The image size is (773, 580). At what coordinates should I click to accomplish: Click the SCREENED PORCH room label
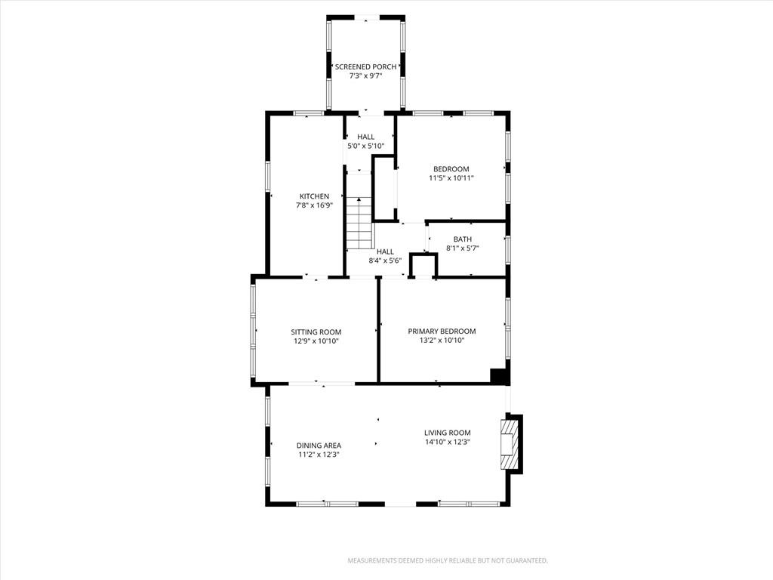click(x=366, y=67)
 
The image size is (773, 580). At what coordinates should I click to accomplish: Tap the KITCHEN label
click(x=315, y=196)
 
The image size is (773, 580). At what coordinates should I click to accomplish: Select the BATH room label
click(x=463, y=239)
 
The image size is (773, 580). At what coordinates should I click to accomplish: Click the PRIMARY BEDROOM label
click(x=442, y=332)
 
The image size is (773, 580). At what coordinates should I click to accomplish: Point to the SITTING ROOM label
click(x=316, y=332)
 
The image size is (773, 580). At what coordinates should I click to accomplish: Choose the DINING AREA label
click(x=319, y=446)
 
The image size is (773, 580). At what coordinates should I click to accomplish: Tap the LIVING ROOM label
click(x=448, y=433)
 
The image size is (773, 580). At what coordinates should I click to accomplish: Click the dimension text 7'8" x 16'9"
click(x=315, y=205)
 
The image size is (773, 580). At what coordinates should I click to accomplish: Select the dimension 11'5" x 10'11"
click(x=451, y=178)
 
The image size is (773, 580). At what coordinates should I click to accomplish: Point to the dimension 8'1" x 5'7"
click(x=463, y=248)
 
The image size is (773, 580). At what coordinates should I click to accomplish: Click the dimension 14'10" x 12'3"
click(x=448, y=443)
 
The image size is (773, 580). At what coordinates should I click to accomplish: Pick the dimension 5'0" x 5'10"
click(x=366, y=146)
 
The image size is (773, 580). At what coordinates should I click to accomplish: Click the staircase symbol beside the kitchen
click(x=359, y=223)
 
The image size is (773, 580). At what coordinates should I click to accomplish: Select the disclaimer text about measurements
click(x=448, y=561)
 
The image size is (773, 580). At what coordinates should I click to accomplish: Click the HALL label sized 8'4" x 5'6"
click(x=385, y=251)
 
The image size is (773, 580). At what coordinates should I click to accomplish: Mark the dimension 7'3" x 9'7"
click(x=366, y=76)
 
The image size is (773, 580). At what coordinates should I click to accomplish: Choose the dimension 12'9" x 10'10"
click(x=316, y=341)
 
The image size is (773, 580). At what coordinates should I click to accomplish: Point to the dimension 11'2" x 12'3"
click(x=319, y=455)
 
